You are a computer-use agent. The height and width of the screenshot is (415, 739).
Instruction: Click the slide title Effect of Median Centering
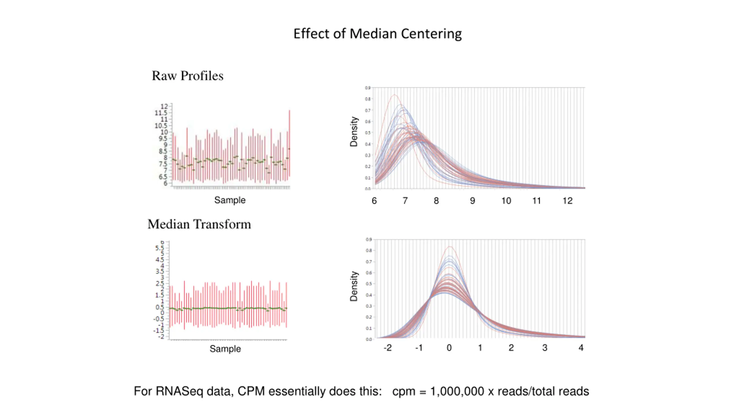coord(377,34)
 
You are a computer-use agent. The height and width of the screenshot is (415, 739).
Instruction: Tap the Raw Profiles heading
coord(187,76)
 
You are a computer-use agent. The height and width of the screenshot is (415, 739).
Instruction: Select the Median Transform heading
coord(199,224)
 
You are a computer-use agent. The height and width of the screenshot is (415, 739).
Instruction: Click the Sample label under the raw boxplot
coord(230,200)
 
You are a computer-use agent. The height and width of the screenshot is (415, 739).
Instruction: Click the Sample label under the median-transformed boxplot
coord(225,349)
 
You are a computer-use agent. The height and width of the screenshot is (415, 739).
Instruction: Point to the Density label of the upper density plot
coord(354,132)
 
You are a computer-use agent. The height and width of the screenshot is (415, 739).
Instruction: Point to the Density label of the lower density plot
coord(354,286)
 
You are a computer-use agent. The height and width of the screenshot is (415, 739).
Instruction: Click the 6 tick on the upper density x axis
coord(374,201)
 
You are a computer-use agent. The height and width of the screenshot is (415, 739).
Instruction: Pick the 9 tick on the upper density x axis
coord(472,201)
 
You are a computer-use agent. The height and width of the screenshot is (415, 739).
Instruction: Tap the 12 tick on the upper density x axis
coord(567,201)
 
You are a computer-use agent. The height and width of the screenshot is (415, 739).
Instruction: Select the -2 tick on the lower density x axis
coord(387,348)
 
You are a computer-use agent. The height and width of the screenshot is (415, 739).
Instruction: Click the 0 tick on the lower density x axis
coord(449,348)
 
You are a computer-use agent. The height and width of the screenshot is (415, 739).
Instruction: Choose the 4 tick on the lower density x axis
coord(581,348)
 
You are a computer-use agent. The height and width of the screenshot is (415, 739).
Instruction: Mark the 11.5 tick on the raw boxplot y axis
coord(161,113)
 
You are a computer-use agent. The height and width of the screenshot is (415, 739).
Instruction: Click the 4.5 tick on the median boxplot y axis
coord(159,260)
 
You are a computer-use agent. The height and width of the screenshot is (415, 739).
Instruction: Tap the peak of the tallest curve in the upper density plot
coord(394,95)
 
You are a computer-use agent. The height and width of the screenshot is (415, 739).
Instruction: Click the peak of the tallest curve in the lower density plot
coord(450,247)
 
